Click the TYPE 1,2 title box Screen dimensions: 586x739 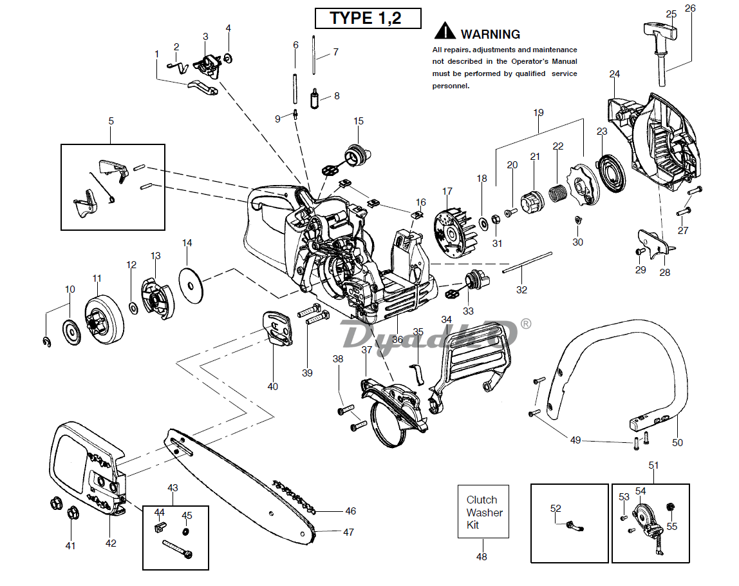[368, 18]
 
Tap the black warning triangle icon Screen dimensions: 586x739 [445, 31]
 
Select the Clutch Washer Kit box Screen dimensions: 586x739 [483, 512]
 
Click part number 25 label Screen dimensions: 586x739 [671, 14]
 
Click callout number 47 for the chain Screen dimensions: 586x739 [348, 532]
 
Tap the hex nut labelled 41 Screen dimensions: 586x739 [71, 513]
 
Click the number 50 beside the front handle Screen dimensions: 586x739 [677, 442]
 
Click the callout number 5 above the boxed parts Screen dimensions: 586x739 [111, 121]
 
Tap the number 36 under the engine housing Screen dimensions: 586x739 [397, 339]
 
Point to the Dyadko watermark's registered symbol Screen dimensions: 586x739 [526, 323]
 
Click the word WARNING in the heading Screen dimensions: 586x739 [490, 34]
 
